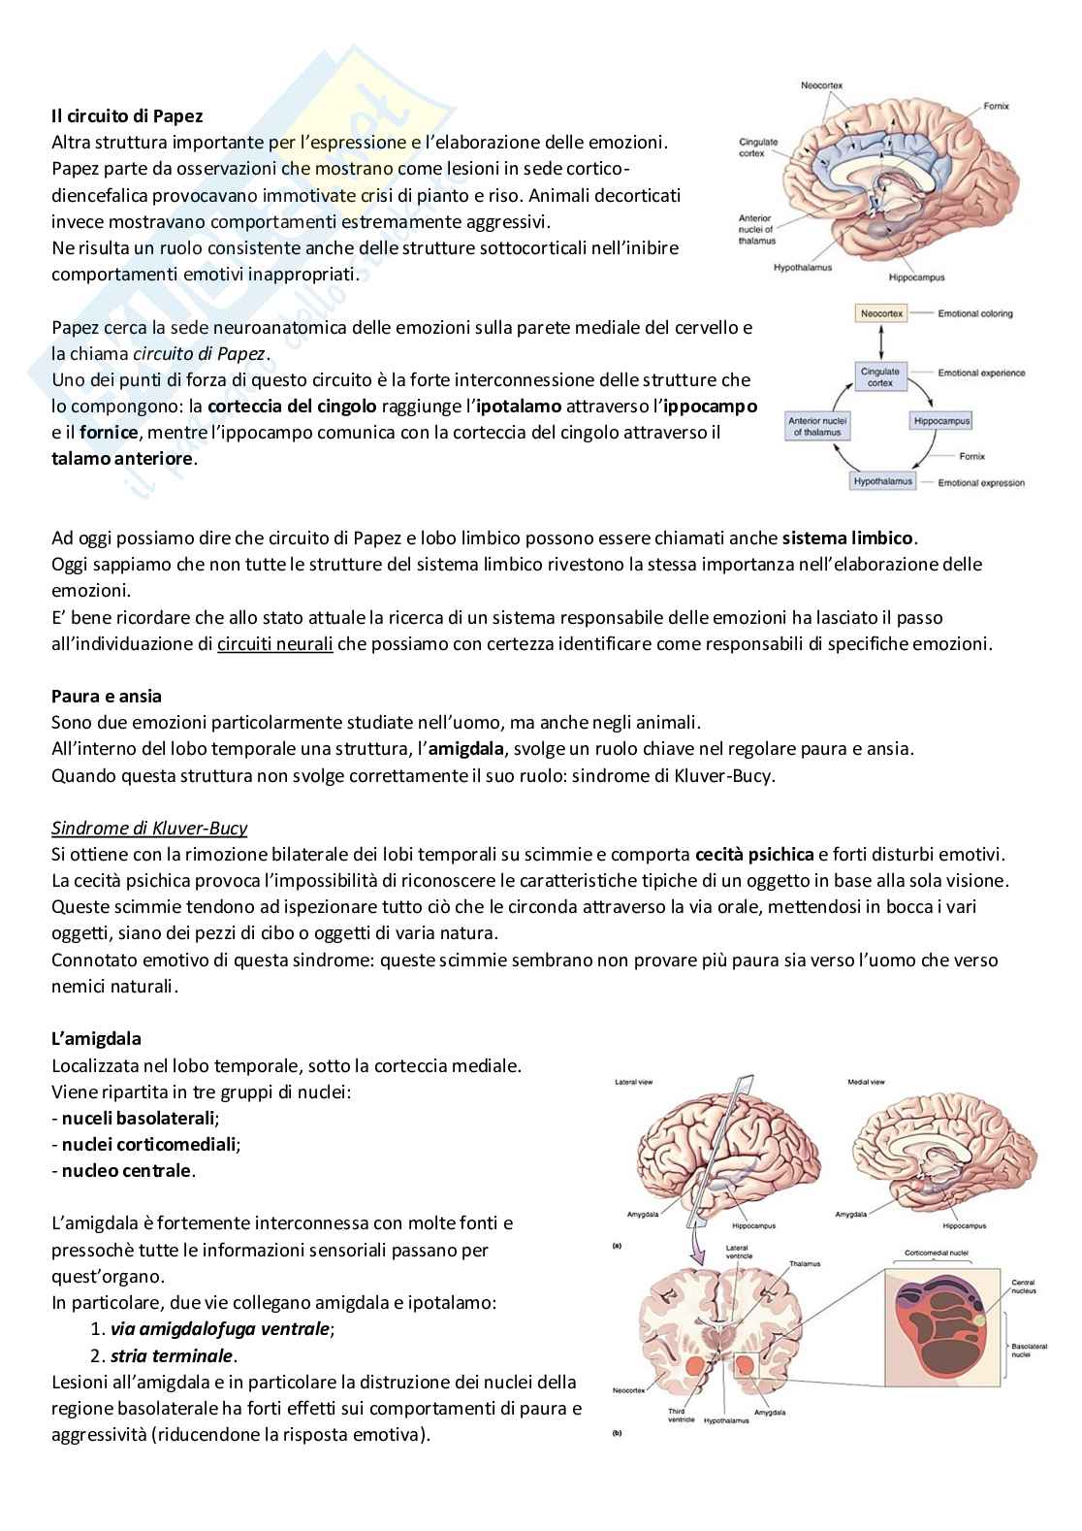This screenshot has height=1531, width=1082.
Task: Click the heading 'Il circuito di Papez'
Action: pos(127,115)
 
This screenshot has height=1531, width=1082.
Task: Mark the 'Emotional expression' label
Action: pos(981,483)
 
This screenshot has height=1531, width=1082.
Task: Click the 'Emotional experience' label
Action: pos(981,374)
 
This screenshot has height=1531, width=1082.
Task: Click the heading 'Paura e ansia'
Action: pos(107,696)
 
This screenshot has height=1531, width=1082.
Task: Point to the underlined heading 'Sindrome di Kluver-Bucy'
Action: pos(149,828)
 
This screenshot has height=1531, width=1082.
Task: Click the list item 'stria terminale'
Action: pos(172,1355)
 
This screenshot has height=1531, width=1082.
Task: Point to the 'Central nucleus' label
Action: pos(1024,1287)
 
